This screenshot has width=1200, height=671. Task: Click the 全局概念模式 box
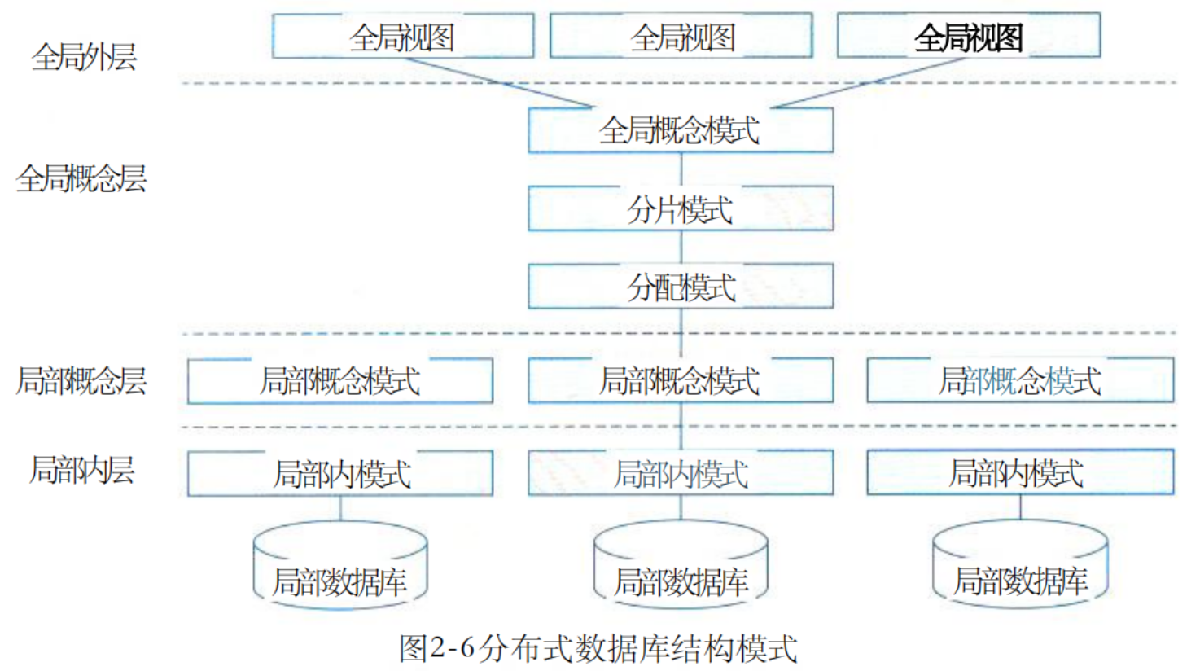point(681,130)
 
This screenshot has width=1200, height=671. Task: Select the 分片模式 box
point(681,208)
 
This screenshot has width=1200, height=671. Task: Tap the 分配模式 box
point(681,286)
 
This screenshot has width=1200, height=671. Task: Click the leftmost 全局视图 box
point(403,36)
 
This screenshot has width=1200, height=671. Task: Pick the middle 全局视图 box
point(681,36)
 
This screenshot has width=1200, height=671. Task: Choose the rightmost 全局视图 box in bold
point(969,35)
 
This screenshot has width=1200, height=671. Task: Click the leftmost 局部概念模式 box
point(340,380)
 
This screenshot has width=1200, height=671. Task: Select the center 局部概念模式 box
point(681,380)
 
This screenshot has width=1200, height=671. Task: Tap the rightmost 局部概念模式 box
point(1021,380)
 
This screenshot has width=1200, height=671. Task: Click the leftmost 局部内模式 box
point(340,473)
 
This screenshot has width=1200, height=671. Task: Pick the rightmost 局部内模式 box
point(1021,472)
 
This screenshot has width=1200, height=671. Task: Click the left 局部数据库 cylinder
point(340,565)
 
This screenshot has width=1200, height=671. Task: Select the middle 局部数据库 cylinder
point(681,565)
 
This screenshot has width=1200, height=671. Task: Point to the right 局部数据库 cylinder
point(1021,564)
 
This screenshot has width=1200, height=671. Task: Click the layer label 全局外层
point(84,56)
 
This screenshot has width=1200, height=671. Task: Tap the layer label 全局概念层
point(81,178)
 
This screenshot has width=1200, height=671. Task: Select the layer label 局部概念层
point(81,380)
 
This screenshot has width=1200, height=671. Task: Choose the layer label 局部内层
point(81,470)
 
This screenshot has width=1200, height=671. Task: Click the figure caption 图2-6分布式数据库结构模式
point(598,648)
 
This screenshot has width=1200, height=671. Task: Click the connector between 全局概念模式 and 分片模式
point(681,169)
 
